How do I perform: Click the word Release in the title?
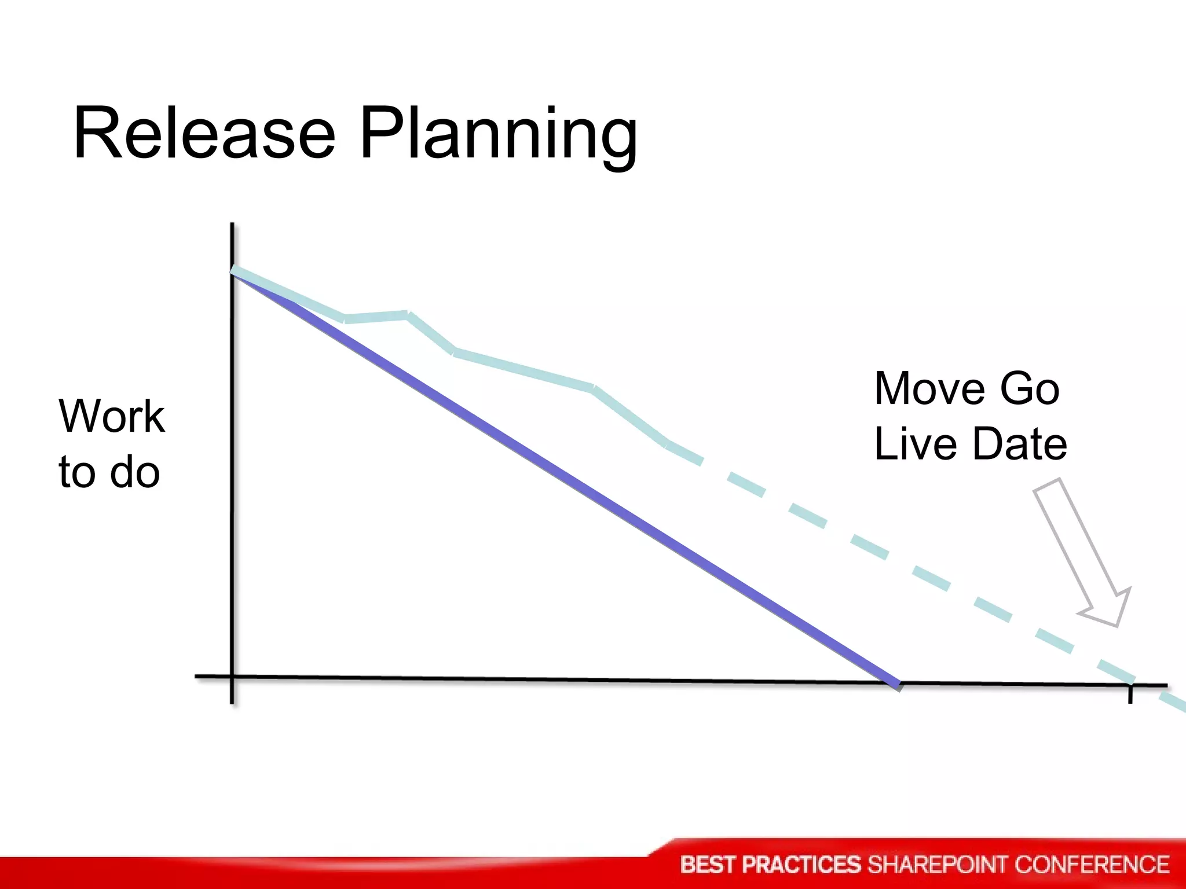pos(204,134)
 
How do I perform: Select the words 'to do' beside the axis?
pos(109,472)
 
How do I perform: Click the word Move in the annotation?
pos(928,388)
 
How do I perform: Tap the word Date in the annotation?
pos(1019,444)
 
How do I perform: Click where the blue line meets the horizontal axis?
pos(897,684)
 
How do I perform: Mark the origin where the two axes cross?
pos(232,676)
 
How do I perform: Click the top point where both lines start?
pos(233,271)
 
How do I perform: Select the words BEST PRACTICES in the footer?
pos(770,865)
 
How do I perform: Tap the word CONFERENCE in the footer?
pos(1092,865)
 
